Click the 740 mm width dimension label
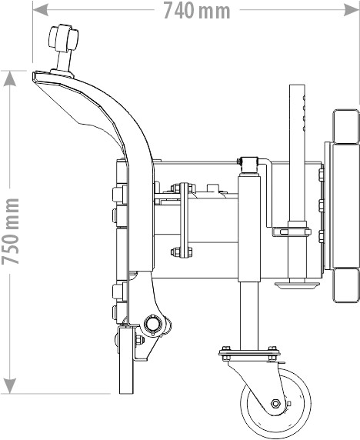point(197,11)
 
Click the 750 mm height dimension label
point(10,232)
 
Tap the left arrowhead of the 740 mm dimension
point(39,10)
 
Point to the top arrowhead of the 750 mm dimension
point(10,78)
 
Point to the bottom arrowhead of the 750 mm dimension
point(10,386)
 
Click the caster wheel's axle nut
point(275,404)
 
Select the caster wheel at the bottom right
point(276,403)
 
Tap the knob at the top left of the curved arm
point(63,38)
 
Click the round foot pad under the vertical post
point(297,285)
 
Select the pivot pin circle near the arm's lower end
point(153,325)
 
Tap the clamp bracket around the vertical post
point(292,232)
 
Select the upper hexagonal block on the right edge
point(345,127)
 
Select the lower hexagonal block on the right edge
point(345,285)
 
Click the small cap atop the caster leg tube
point(248,165)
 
